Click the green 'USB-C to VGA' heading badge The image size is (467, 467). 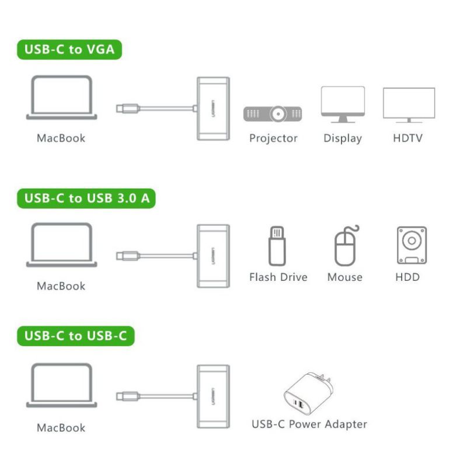point(69,50)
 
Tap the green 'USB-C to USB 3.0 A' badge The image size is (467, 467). point(86,198)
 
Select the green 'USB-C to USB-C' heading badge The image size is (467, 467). point(76,336)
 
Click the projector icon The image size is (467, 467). point(273,114)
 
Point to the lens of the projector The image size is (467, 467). point(278,114)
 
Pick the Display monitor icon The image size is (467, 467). point(343,104)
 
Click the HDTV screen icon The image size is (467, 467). point(409,105)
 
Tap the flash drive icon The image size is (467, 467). point(277,246)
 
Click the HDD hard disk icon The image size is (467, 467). point(412,245)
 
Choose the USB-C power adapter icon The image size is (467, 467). point(309,393)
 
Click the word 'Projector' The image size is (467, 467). point(273,138)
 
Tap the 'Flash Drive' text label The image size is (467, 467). point(278,277)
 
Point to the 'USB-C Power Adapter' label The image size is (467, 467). point(309,424)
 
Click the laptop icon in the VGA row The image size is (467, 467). point(62,97)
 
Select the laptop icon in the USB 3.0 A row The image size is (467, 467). point(62,245)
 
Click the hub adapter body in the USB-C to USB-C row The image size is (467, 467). point(213,397)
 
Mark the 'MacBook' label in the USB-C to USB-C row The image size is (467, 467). point(61,428)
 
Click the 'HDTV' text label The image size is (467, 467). point(407,138)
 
